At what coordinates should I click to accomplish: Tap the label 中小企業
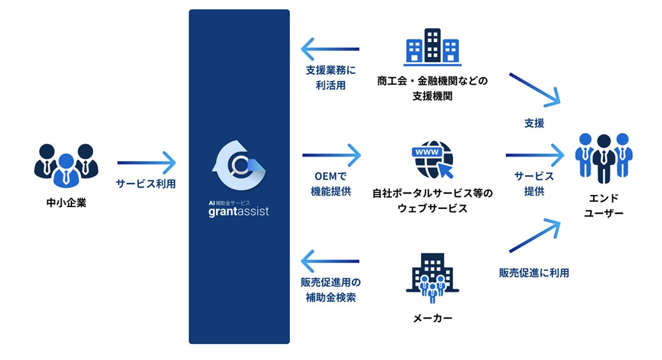[66, 205]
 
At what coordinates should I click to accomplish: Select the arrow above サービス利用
[146, 162]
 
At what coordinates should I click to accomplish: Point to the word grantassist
[239, 211]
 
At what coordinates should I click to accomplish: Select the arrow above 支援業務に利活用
[330, 49]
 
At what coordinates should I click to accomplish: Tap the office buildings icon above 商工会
[433, 47]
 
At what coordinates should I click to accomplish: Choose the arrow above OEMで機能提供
[331, 154]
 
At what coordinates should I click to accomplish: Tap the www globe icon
[433, 160]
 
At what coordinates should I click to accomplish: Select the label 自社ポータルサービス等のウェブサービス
[433, 200]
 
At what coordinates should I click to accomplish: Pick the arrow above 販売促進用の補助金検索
[330, 261]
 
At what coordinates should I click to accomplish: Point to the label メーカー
[433, 318]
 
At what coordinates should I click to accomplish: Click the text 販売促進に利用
[534, 273]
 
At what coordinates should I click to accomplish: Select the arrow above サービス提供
[535, 154]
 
